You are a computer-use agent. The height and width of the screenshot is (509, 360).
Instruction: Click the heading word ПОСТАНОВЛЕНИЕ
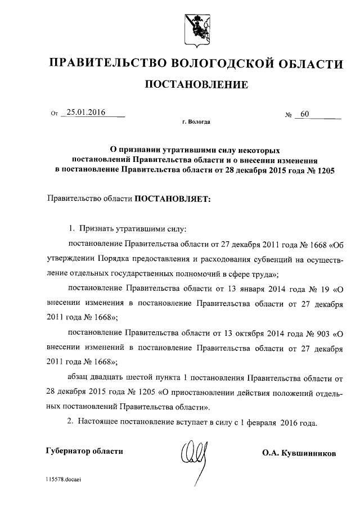coord(196,85)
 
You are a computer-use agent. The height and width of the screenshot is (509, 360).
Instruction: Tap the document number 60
coord(305,114)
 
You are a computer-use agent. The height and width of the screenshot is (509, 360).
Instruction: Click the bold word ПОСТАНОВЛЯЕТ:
coord(171,199)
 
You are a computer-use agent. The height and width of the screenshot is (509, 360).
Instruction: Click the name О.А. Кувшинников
coord(299,452)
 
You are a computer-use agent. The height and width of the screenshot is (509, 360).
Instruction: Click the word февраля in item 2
coord(264,421)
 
